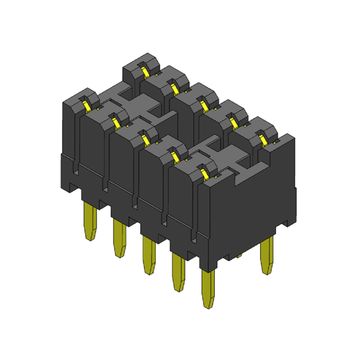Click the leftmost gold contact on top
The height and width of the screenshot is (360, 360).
87,101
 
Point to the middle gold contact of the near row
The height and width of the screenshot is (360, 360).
147,137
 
